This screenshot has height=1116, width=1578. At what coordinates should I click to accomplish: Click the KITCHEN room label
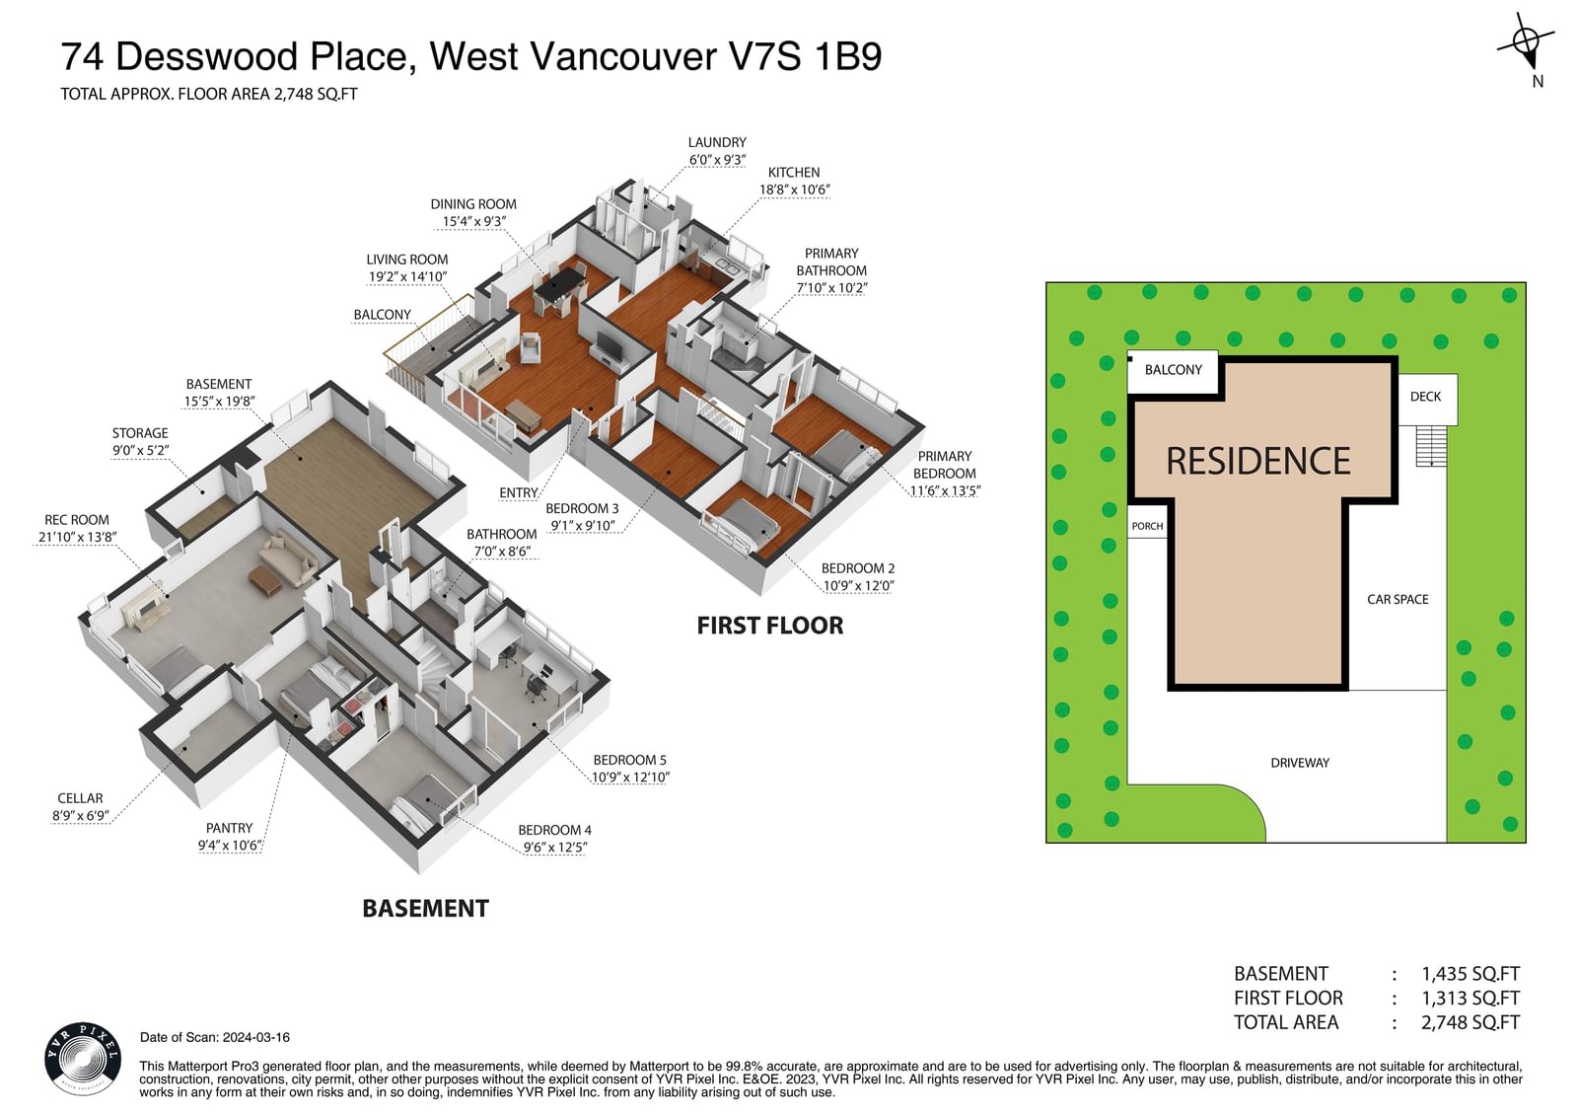(794, 173)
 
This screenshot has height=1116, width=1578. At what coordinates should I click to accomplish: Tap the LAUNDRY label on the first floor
(717, 142)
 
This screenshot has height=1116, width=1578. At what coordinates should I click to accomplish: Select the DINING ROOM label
(473, 204)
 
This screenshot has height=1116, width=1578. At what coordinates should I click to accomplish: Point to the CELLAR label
(80, 798)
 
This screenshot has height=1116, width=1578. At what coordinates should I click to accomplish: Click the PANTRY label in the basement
(229, 828)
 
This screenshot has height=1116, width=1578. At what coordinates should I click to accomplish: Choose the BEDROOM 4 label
(554, 831)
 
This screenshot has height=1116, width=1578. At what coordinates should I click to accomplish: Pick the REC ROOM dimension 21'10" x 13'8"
(78, 537)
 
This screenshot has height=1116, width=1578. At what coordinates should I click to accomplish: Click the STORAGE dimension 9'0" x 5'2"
(140, 451)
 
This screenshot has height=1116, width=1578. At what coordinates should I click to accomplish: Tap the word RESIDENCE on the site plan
(1258, 462)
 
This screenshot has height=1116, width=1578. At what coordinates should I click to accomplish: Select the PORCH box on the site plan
(1148, 522)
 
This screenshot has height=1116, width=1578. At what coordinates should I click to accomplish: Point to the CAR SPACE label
(1398, 600)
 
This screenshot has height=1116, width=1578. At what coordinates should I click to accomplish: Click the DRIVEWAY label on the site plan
(1300, 763)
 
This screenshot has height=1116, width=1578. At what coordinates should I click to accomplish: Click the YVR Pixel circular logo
(83, 1059)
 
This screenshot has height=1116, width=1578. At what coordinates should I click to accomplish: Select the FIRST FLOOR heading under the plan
(770, 626)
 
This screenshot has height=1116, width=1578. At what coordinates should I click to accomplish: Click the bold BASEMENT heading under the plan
(425, 909)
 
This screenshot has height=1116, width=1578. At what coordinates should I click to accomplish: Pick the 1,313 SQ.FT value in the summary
(1470, 999)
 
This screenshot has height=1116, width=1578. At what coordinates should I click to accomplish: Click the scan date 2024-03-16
(256, 1038)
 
